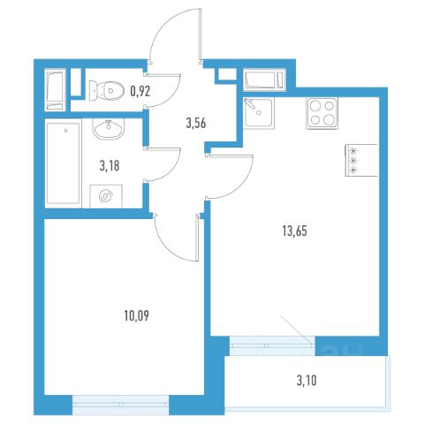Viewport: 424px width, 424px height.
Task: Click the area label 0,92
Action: pos(140,91)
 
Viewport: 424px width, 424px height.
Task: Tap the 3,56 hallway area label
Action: pos(196,123)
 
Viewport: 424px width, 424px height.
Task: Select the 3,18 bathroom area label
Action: pos(110,166)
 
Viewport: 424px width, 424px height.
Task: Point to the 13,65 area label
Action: pos(295,231)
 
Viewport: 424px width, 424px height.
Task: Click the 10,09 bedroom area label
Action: pos(137,316)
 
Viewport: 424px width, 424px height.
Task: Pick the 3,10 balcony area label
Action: pos(307,381)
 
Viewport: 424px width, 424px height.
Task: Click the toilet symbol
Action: pos(106,90)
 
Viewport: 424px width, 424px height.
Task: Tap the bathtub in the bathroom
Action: pos(63,163)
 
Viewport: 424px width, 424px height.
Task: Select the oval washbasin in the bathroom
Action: pos(109,129)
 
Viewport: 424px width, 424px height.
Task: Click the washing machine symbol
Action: pos(106,196)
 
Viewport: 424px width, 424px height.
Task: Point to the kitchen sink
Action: pos(259,113)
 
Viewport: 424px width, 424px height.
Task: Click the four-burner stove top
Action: pos(322,113)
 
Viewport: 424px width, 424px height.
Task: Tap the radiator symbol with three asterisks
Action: pos(361,161)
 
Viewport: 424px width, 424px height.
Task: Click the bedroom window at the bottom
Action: pos(121,405)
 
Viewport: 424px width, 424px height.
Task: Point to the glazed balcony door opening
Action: pos(272,345)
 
